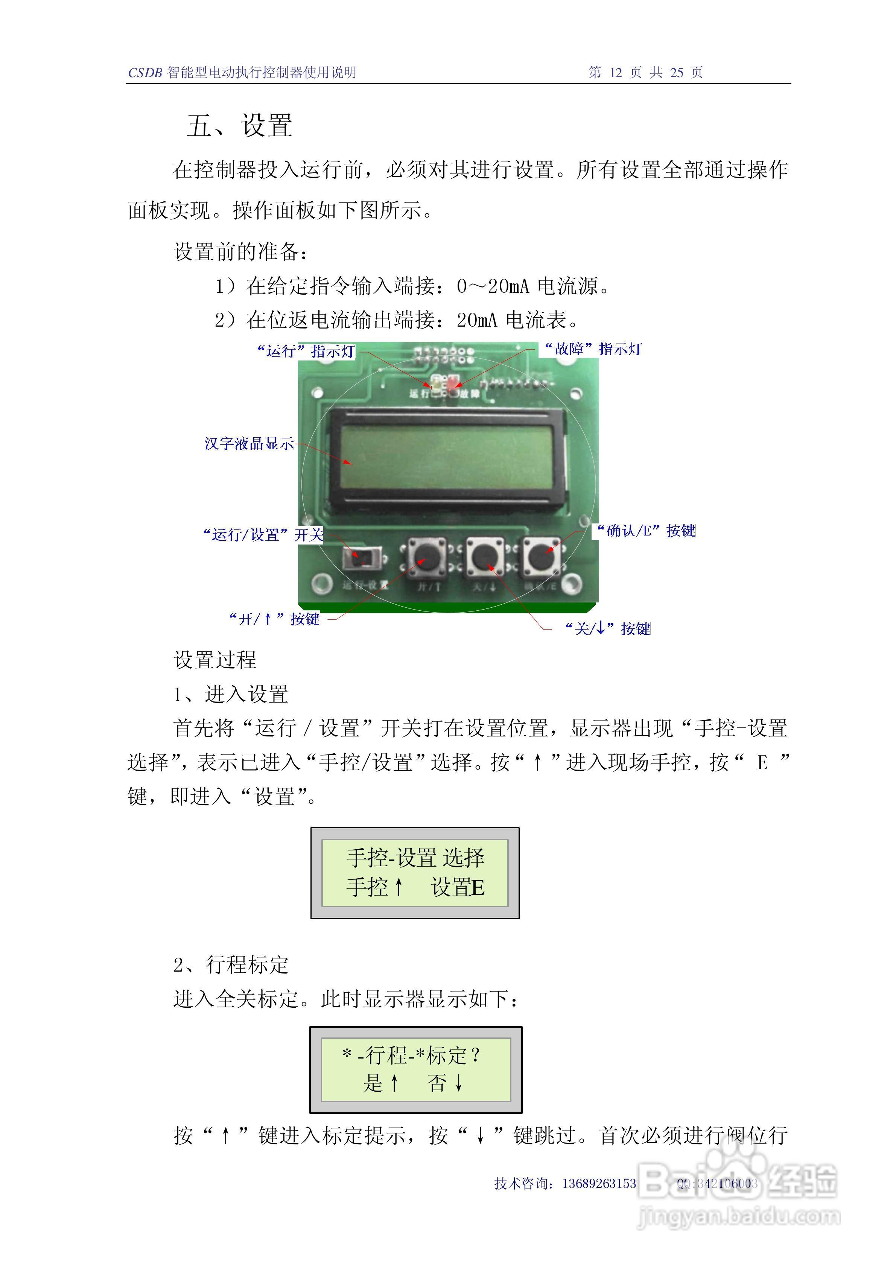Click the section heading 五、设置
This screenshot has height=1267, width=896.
(239, 125)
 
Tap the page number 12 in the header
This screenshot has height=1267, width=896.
(615, 72)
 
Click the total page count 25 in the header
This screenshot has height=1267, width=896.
(676, 72)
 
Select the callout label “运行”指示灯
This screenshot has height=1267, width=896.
(306, 351)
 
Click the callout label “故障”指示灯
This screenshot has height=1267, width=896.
(593, 349)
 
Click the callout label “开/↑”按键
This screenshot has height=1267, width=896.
(274, 619)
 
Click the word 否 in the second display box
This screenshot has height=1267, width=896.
(437, 1083)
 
